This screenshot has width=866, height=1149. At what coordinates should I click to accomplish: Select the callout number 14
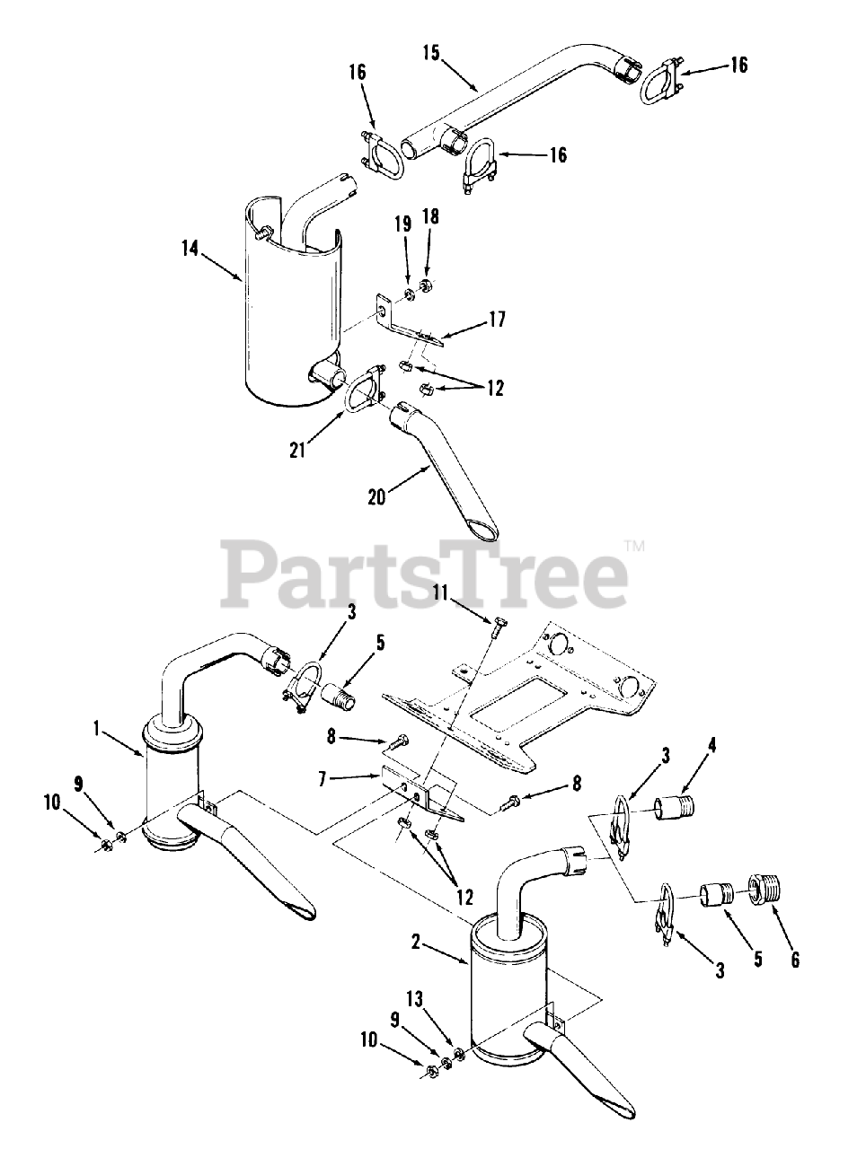(x=189, y=249)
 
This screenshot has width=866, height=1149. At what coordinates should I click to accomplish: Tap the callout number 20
(x=376, y=495)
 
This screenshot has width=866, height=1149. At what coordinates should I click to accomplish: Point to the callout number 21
(x=297, y=449)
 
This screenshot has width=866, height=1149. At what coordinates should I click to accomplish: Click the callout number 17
(x=496, y=319)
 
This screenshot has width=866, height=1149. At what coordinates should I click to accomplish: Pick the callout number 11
(x=439, y=592)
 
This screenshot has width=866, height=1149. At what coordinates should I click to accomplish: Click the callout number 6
(x=793, y=959)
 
